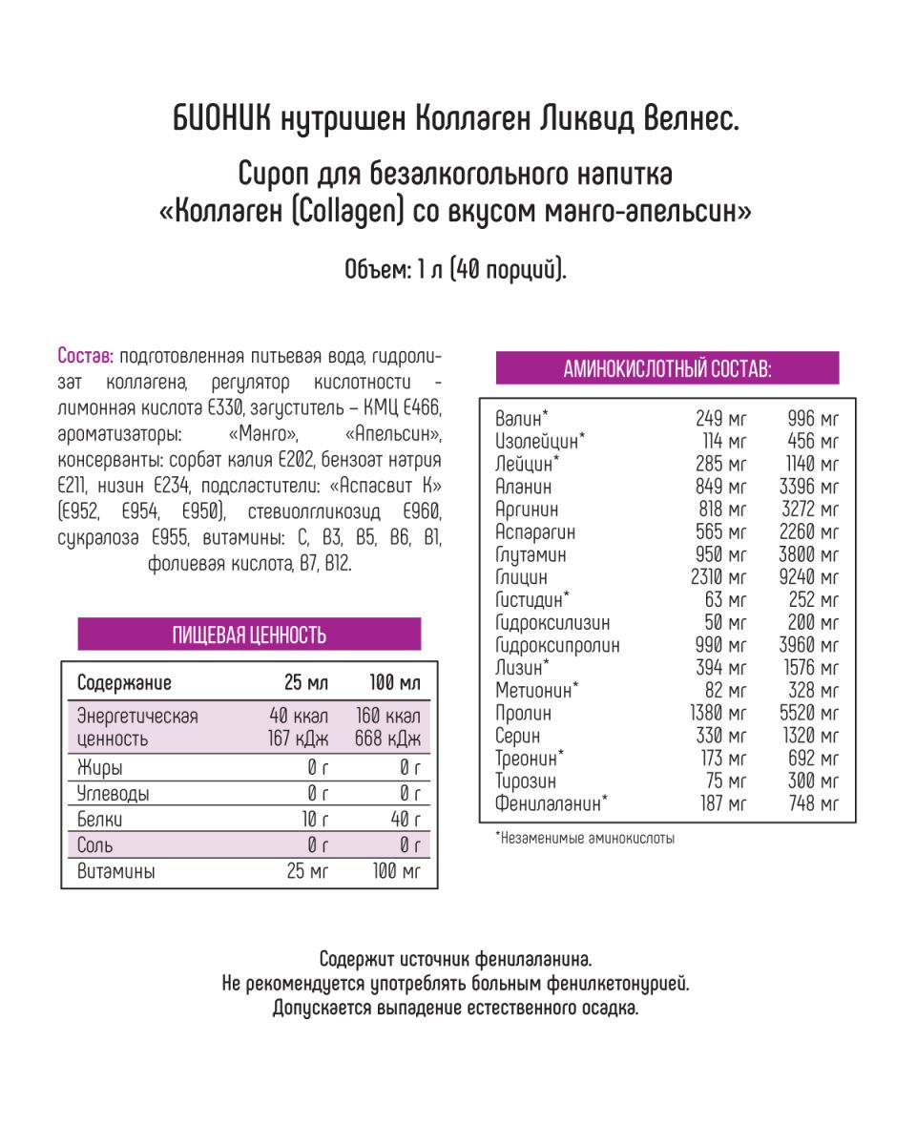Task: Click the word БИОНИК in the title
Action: tap(223, 121)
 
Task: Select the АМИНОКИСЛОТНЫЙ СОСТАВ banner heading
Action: tap(667, 368)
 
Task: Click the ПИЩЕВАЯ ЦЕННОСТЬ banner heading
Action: tap(249, 635)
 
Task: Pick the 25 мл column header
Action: tap(305, 683)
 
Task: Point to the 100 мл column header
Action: tap(395, 683)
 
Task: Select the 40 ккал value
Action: tap(299, 717)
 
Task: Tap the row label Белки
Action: tap(100, 820)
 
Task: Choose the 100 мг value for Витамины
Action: tap(397, 871)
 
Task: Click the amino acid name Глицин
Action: tap(522, 577)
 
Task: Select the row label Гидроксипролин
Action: tap(557, 645)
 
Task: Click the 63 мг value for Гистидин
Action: tap(728, 600)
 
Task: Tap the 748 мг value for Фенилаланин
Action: tap(815, 803)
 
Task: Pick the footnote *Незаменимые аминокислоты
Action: tap(585, 839)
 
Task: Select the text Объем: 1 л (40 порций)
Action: tap(456, 270)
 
